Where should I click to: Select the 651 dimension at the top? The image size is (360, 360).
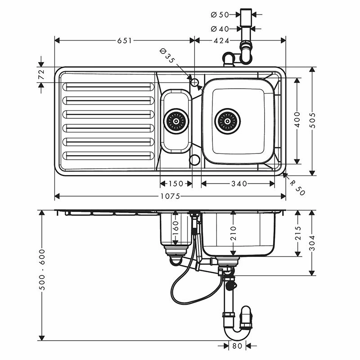tap(125, 40)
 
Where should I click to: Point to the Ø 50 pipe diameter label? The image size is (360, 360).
tap(220, 14)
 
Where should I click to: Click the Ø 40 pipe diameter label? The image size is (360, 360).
tap(220, 29)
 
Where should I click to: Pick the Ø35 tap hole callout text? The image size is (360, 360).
tap(167, 56)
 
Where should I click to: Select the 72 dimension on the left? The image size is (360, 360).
tap(41, 75)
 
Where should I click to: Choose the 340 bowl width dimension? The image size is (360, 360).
tap(238, 184)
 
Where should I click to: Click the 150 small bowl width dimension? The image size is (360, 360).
tap(175, 184)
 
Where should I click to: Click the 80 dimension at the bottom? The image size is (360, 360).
tap(237, 346)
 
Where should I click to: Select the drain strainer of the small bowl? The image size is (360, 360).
tap(175, 121)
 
